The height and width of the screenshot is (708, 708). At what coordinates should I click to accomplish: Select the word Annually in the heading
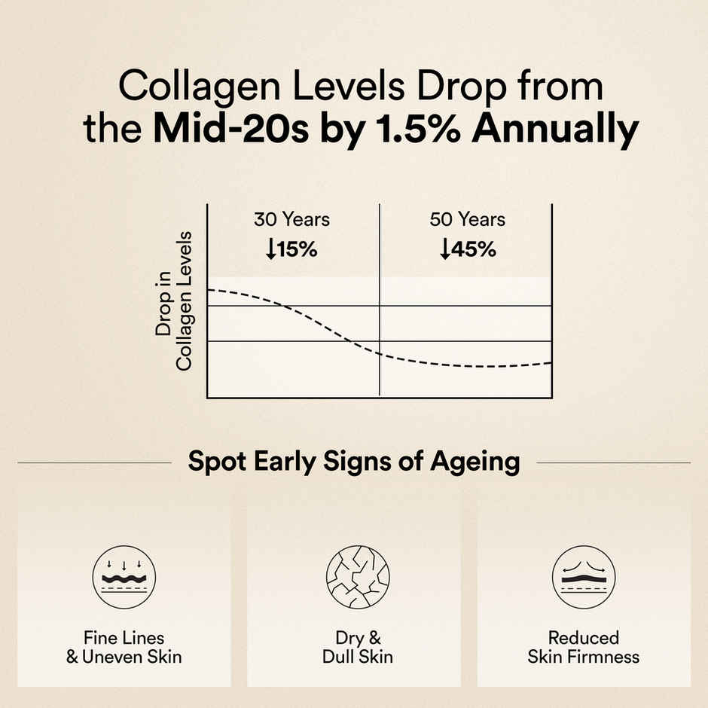point(557,129)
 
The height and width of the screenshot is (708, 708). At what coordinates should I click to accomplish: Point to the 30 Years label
point(291,220)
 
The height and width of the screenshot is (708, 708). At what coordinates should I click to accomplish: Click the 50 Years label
point(468,220)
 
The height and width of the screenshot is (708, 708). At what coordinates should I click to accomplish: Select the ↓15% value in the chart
point(291,250)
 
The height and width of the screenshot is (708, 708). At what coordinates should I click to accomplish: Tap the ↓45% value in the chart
point(468,250)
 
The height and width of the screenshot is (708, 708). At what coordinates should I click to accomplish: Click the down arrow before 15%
point(270,250)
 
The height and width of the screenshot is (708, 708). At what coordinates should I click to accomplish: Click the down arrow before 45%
point(445,250)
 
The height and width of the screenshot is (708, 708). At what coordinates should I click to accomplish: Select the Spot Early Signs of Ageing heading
point(354,462)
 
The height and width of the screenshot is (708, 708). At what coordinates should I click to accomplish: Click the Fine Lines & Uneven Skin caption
point(124,647)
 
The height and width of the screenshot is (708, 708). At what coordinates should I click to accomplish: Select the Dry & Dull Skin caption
point(357,647)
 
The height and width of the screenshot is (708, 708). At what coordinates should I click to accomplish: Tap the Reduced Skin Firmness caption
point(583,647)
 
